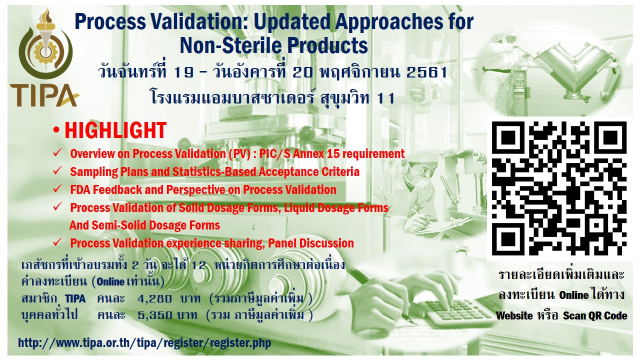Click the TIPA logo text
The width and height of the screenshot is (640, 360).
point(44,95)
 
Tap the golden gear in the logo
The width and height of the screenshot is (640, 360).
point(45,52)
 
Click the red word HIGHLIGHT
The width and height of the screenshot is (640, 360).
point(115,130)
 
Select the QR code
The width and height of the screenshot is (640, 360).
point(559,188)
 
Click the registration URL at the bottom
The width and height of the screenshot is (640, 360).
point(144,343)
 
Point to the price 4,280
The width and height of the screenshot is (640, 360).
point(154,299)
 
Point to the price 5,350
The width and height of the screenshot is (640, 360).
point(155,315)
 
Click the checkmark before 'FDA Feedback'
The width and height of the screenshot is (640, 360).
point(57,188)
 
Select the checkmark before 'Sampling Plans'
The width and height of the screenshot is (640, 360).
point(57,170)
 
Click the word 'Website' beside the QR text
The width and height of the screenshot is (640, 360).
point(514,315)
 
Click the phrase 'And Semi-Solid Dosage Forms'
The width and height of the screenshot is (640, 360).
point(145,225)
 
